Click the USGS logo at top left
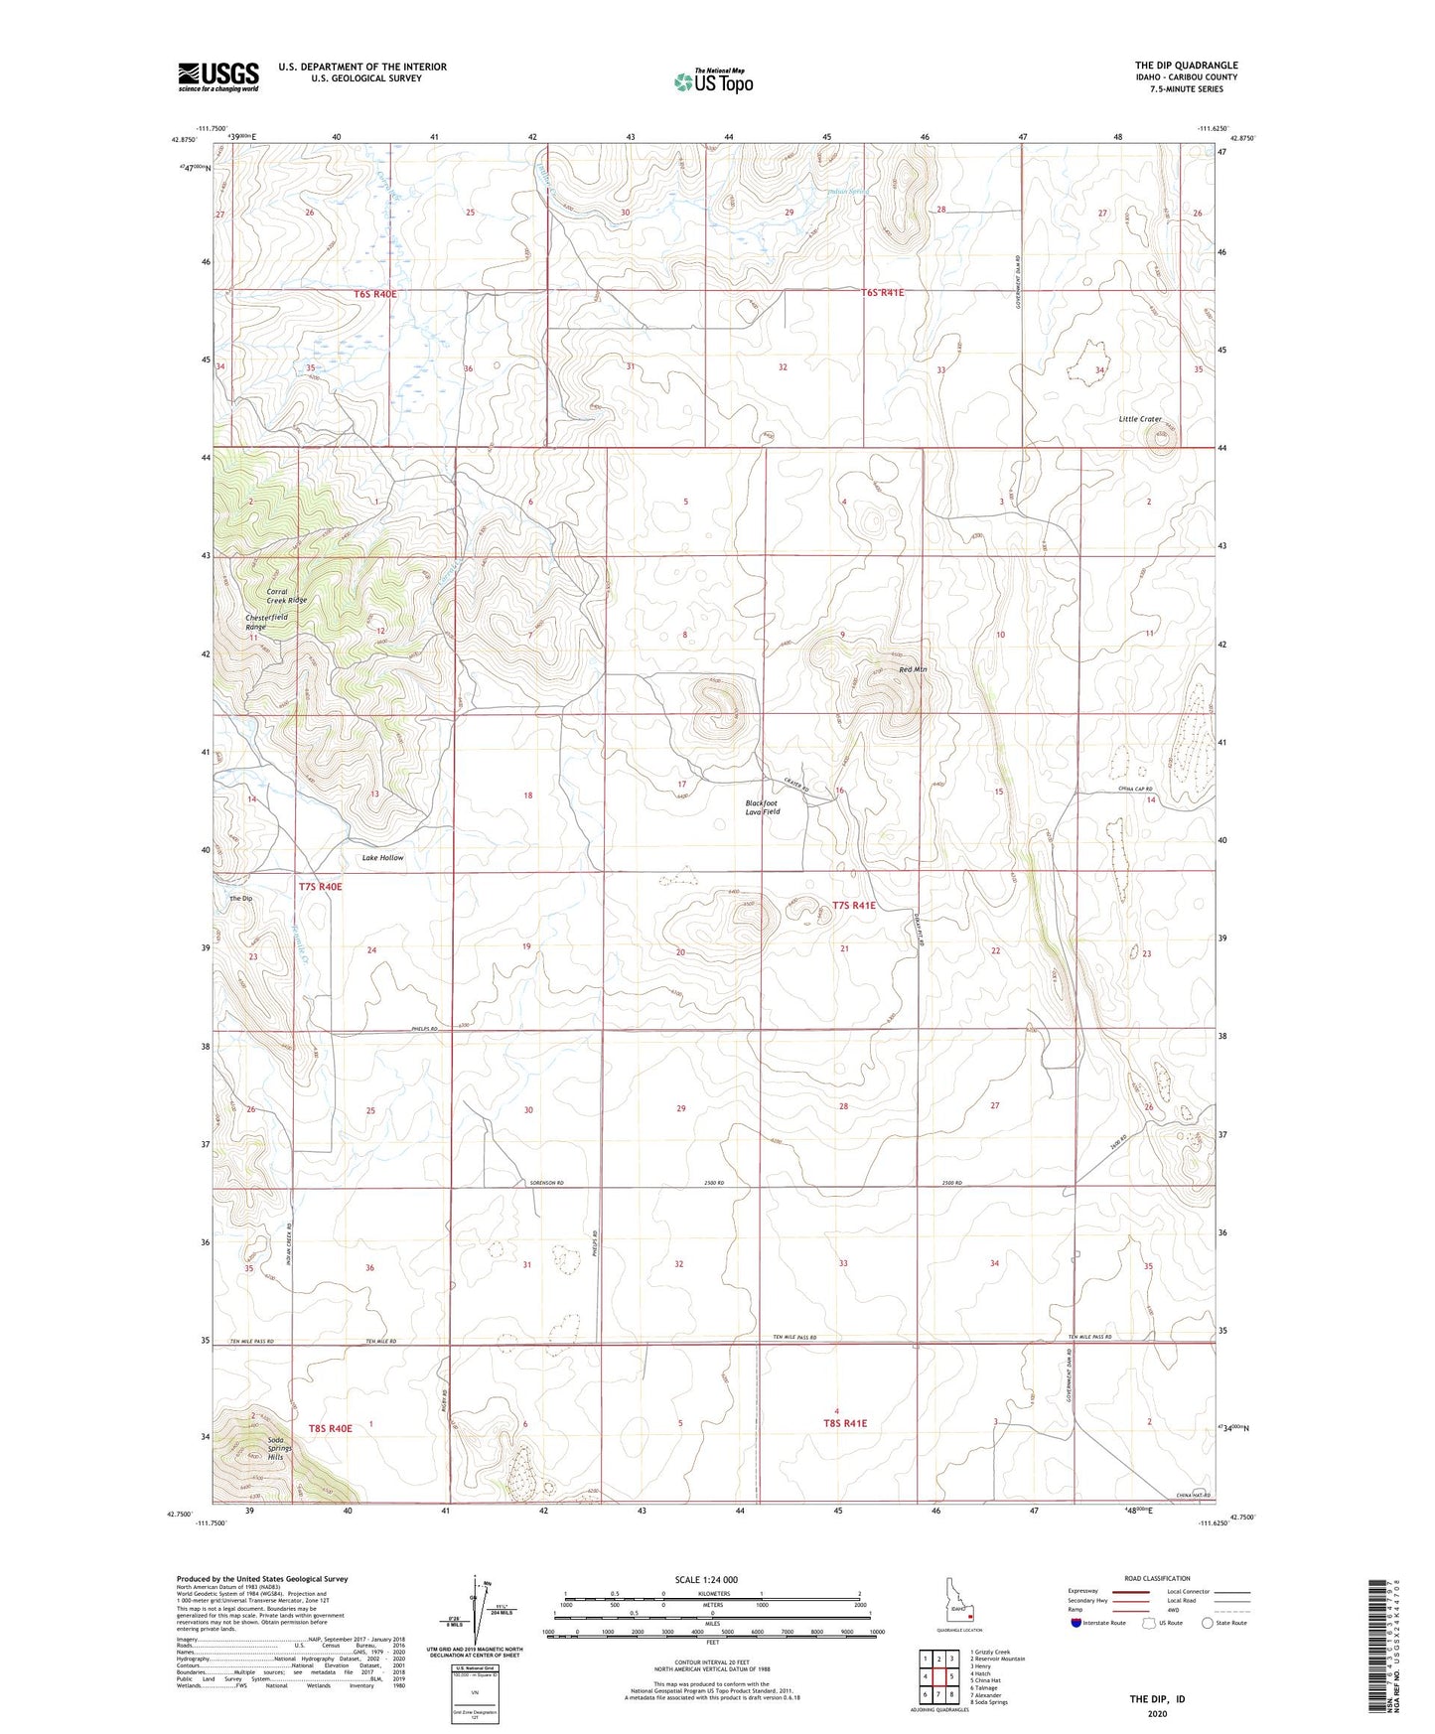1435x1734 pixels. tap(217, 76)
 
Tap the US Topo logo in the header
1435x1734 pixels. tap(712, 81)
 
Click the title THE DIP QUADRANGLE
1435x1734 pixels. tap(1186, 66)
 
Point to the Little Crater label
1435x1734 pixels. tap(1140, 419)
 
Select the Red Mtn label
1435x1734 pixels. tap(912, 670)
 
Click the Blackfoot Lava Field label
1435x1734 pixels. tap(763, 807)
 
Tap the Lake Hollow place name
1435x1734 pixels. tap(382, 857)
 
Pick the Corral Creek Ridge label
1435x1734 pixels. tap(286, 596)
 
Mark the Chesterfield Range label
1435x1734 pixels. tap(266, 622)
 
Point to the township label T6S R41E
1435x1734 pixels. tap(883, 293)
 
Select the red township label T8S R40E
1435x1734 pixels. tap(330, 1428)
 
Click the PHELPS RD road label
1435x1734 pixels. tap(424, 1029)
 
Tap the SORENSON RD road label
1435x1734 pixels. tap(546, 1184)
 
